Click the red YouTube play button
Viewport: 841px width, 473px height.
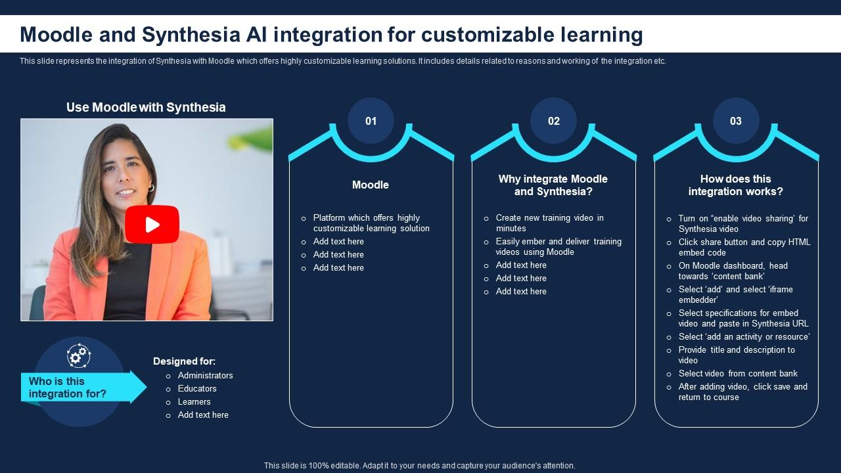coord(152,225)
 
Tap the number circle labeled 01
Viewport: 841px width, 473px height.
coord(371,121)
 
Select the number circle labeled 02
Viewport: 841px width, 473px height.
coord(554,121)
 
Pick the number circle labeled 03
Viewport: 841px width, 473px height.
coord(736,121)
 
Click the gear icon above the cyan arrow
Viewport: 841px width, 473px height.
coord(79,355)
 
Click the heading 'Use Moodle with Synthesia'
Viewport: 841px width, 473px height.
coord(146,107)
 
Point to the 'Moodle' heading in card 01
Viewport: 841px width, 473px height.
coord(371,185)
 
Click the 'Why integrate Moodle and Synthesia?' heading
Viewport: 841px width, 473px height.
coord(553,185)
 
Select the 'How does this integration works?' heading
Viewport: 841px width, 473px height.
coord(736,185)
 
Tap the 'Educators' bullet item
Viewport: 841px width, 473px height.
coord(197,388)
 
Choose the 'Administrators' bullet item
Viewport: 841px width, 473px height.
coord(205,375)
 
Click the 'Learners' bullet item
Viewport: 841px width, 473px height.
coord(194,401)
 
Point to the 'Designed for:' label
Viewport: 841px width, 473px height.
coord(184,361)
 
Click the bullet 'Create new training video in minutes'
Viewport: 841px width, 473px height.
coord(549,223)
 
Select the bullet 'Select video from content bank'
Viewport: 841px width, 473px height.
coord(738,373)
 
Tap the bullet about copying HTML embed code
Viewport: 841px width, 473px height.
coord(744,247)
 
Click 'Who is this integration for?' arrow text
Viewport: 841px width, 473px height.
coord(68,388)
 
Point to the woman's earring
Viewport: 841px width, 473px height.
coord(150,188)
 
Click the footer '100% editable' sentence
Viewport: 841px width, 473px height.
coord(419,465)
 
